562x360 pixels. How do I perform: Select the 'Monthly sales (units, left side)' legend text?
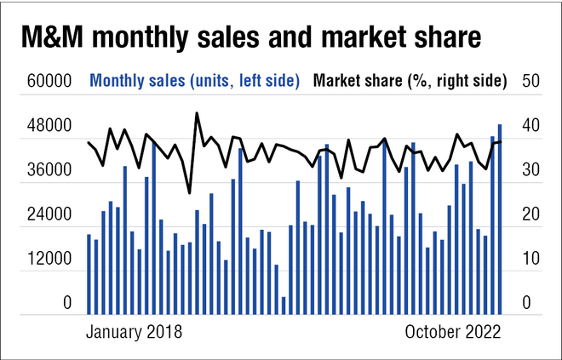pyautogui.click(x=195, y=81)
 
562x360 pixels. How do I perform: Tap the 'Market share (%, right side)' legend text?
pyautogui.click(x=410, y=81)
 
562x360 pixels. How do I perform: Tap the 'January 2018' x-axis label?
pyautogui.click(x=134, y=331)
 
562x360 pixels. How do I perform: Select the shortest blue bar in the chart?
pyautogui.click(x=284, y=304)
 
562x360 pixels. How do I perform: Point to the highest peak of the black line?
pyautogui.click(x=197, y=112)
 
